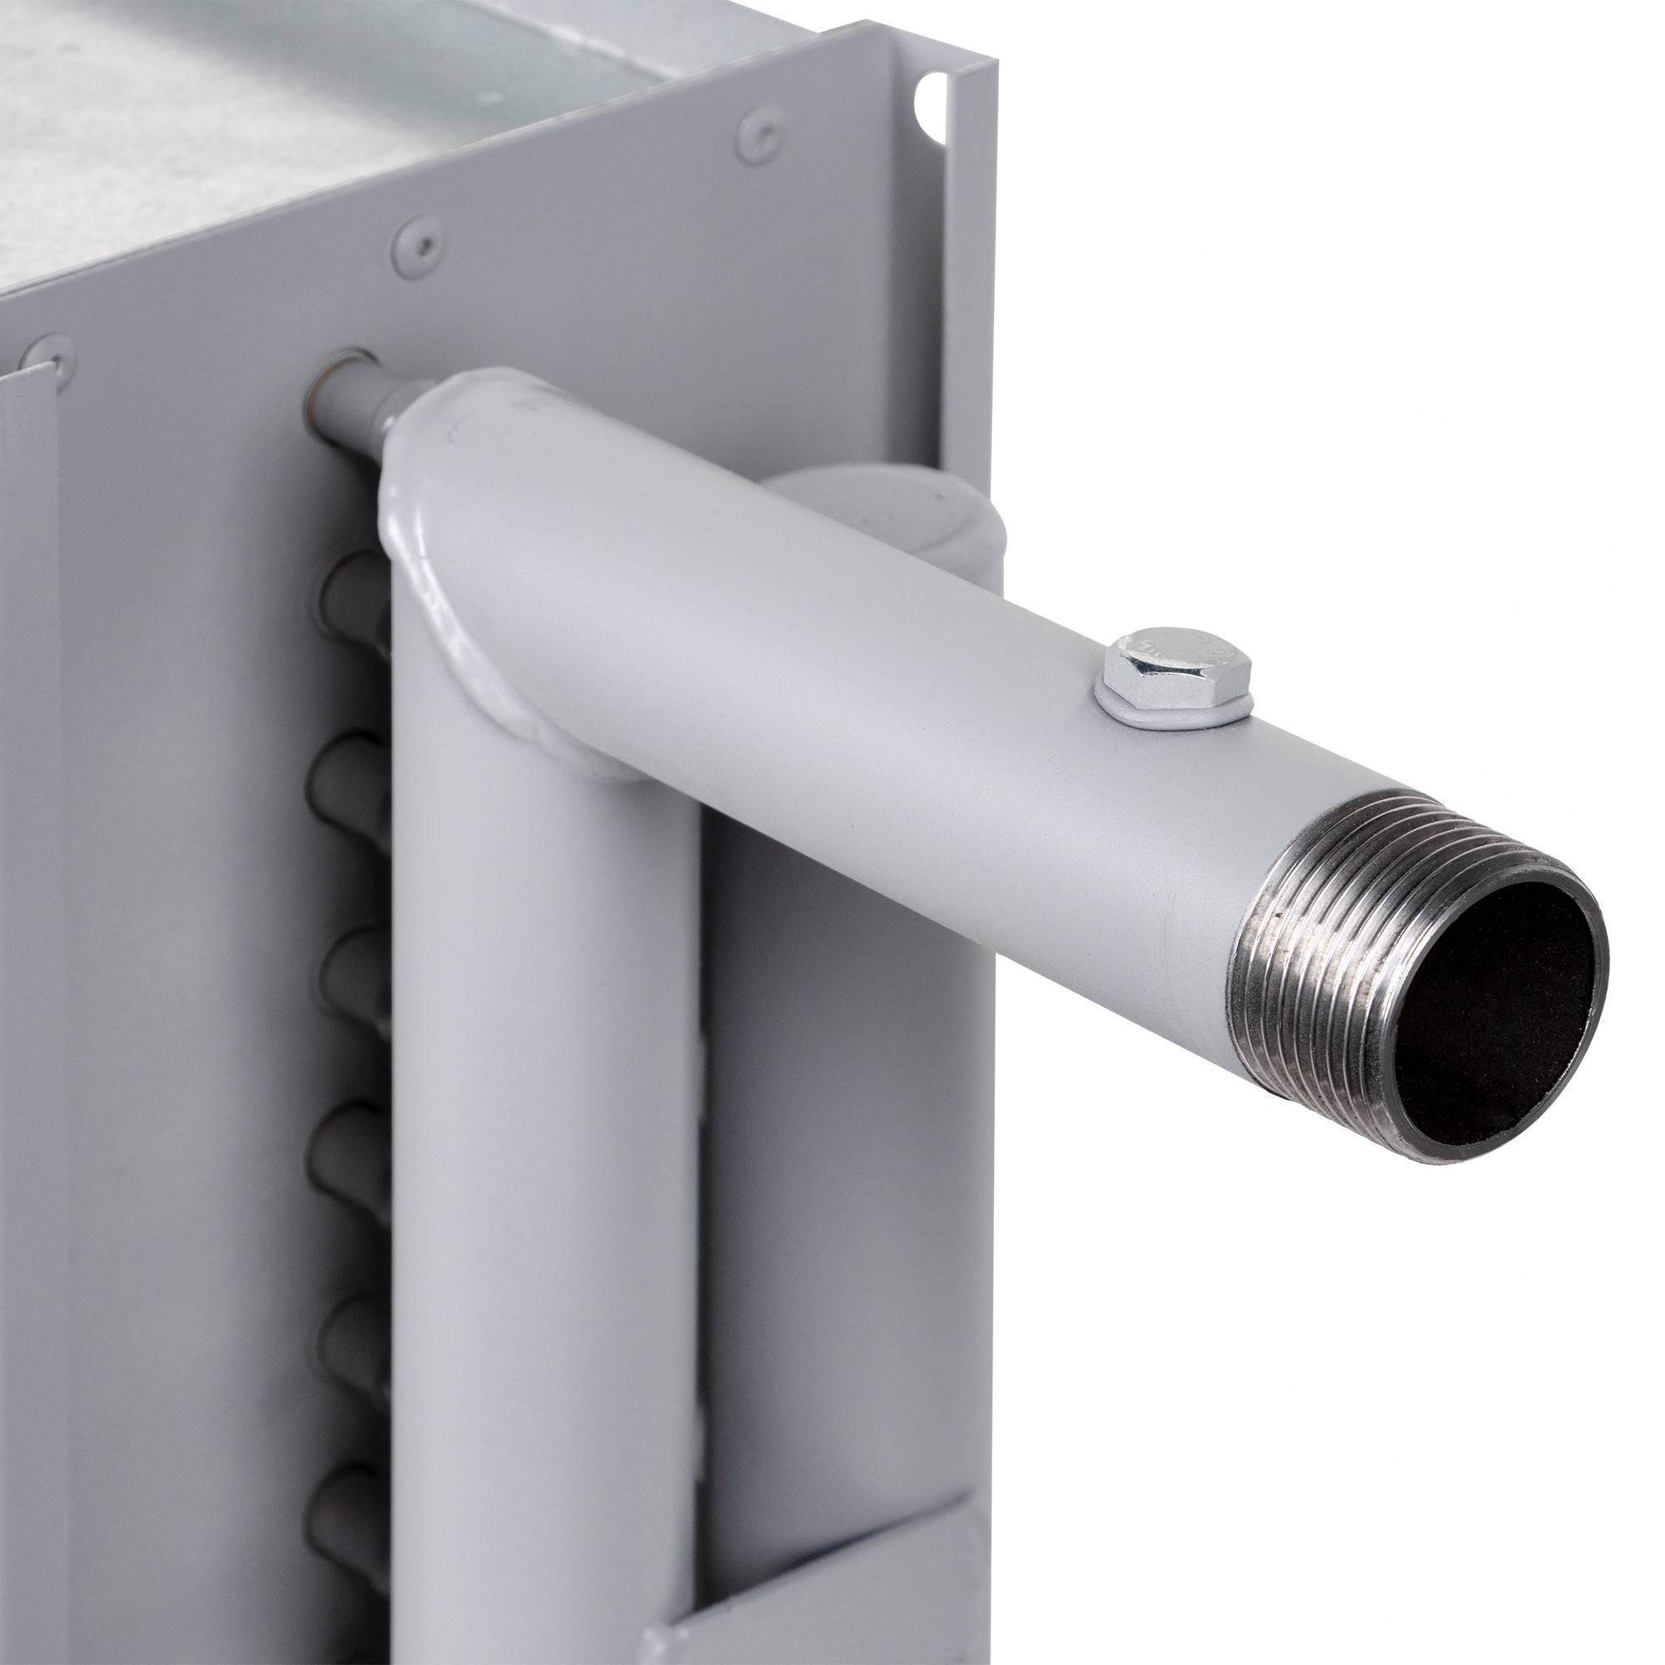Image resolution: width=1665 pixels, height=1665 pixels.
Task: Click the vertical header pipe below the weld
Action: coord(543,1121)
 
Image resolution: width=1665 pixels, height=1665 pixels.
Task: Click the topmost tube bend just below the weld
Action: coord(353,586)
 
